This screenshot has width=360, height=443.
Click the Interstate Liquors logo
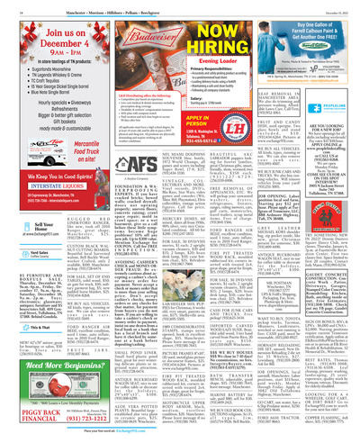coord(59,163)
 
